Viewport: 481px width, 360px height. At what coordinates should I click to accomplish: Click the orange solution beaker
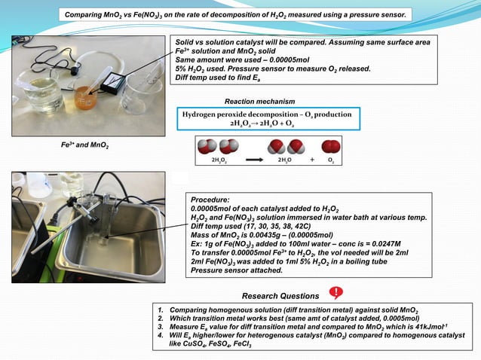point(84,96)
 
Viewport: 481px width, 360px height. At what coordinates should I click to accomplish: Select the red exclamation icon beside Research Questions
point(336,293)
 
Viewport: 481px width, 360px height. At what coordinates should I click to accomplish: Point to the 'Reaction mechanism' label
point(259,101)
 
